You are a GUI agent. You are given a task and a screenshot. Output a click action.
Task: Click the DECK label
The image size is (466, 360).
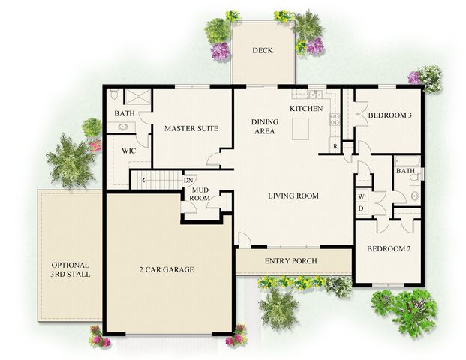(263, 51)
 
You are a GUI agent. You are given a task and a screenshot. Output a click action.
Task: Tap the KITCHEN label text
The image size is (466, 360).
(306, 109)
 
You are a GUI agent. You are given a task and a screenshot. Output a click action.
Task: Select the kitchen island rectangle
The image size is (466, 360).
(303, 129)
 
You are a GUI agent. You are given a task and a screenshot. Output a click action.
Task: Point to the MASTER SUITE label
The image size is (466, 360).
(191, 129)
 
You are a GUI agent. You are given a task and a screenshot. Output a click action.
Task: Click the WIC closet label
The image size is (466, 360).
(129, 150)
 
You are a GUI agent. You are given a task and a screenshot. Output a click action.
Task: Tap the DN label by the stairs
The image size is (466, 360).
(189, 180)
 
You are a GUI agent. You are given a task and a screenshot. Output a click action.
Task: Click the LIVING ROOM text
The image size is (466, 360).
(293, 196)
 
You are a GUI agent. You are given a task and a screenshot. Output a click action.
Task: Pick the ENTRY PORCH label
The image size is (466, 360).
(291, 261)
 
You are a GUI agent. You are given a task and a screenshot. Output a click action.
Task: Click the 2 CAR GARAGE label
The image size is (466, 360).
(167, 269)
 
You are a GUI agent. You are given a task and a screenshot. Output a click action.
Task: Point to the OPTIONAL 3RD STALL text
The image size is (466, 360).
(71, 270)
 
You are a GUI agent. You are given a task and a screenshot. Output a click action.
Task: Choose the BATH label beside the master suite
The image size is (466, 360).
(125, 113)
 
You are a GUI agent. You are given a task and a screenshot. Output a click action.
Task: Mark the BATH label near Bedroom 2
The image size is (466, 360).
(405, 171)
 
